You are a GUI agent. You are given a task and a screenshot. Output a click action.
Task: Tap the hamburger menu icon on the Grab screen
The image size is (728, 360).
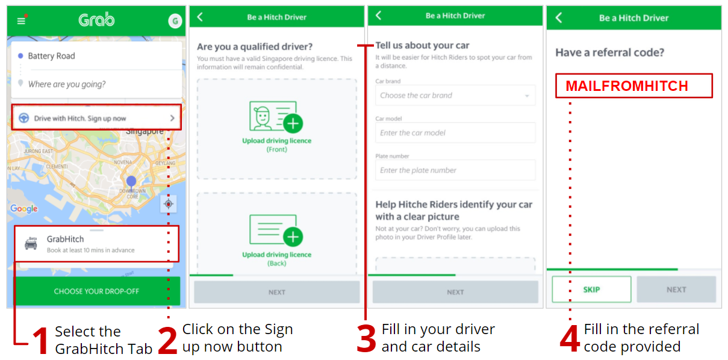(x=21, y=21)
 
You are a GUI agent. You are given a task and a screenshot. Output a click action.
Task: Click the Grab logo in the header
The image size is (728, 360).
(x=96, y=20)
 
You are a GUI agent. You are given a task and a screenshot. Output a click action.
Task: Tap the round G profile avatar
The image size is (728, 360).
(x=175, y=21)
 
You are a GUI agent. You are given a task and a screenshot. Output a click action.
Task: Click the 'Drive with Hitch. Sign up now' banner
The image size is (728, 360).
(x=96, y=117)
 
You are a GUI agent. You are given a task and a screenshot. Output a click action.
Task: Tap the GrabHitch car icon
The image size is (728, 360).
(x=31, y=243)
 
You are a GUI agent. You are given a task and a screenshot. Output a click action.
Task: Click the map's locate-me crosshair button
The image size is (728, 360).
(x=169, y=204)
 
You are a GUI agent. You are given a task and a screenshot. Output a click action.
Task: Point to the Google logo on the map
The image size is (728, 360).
(x=24, y=208)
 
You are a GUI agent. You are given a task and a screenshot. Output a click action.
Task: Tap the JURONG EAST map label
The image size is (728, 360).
(x=38, y=151)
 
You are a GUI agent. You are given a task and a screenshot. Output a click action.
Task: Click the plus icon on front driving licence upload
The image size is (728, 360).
(x=293, y=123)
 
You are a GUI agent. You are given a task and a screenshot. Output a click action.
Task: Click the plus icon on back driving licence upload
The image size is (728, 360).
(x=293, y=237)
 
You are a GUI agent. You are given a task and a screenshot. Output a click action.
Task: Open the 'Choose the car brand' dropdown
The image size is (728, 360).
(x=455, y=95)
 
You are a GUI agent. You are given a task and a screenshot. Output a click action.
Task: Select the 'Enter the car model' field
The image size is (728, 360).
(x=455, y=132)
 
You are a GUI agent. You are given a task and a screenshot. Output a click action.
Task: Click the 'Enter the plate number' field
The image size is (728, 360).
(x=455, y=170)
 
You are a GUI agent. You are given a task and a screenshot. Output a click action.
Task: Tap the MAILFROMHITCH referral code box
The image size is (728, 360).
(x=633, y=85)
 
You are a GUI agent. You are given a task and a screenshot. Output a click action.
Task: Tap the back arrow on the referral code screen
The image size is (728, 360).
(x=559, y=17)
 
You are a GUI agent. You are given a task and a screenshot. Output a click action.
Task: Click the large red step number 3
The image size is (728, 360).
(x=366, y=338)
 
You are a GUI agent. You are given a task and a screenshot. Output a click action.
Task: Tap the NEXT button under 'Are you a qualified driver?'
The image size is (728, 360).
(x=277, y=292)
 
